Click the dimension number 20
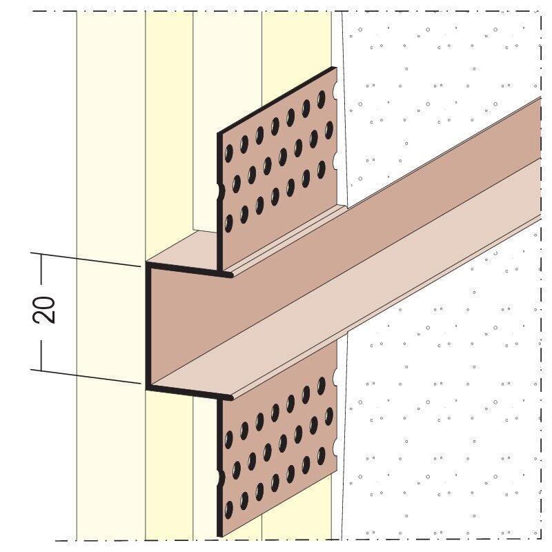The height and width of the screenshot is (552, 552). click(44, 310)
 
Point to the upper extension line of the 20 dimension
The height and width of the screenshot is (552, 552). click(86, 259)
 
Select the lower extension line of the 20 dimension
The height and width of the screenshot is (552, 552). click(86, 376)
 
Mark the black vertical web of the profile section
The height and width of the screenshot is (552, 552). click(148, 326)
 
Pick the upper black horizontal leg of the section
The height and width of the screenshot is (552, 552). click(189, 269)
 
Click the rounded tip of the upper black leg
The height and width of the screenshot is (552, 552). click(230, 275)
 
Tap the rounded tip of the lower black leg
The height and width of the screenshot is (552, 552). click(230, 397)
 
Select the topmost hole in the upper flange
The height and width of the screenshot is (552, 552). click(321, 99)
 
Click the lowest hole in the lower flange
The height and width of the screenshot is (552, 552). click(229, 509)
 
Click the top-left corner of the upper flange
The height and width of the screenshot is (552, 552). click(217, 133)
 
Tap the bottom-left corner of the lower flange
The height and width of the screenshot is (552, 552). click(218, 537)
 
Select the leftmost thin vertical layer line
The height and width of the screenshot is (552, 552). click(77, 275)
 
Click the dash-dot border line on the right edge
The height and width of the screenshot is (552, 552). click(541, 275)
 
